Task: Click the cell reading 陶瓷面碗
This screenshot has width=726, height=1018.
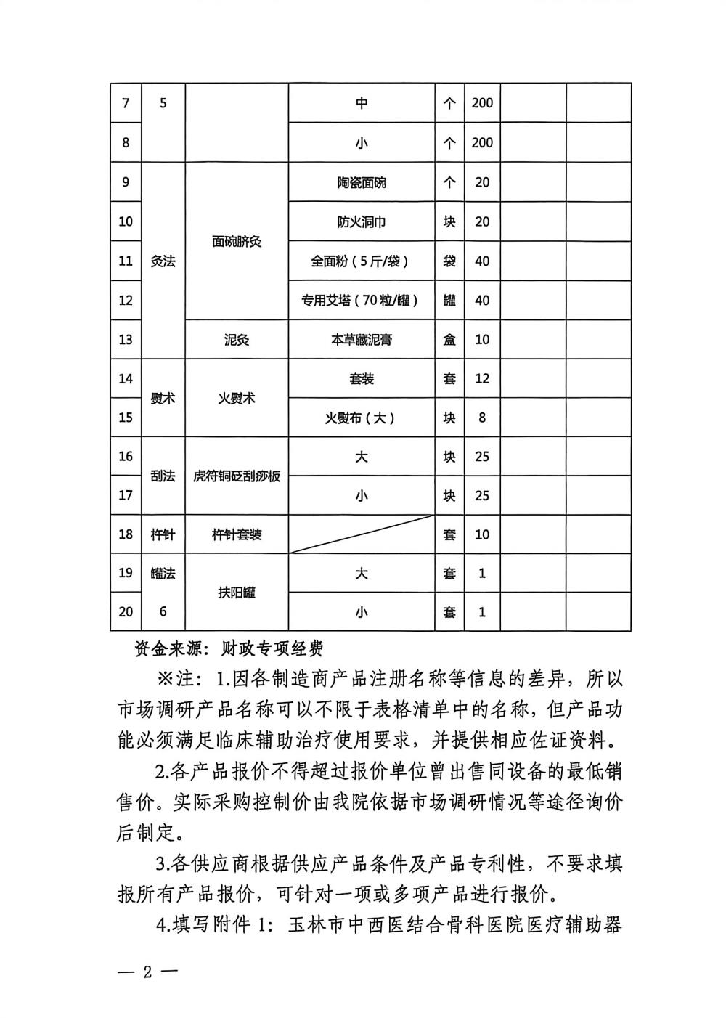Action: pos(362,182)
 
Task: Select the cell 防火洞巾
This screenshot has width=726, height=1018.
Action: pos(362,221)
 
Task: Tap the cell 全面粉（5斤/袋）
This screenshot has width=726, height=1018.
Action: pos(362,261)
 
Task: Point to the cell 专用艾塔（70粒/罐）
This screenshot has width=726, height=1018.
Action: pos(362,300)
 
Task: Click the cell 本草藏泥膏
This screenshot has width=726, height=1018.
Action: pos(362,339)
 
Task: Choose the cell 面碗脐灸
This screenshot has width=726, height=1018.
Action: pos(237,241)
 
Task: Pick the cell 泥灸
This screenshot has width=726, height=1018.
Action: pos(237,339)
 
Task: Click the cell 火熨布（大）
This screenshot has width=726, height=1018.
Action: pos(362,418)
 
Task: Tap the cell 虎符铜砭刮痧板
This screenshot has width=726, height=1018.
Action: pos(237,476)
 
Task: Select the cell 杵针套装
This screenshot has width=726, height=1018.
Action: pos(237,534)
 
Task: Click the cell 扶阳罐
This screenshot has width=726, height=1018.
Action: pos(237,593)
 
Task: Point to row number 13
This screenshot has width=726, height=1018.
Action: pos(126,339)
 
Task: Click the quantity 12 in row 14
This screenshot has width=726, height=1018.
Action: pos(482,378)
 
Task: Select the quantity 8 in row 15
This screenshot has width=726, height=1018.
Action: pos(482,418)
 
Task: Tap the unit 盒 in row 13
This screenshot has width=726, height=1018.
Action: pos(449,339)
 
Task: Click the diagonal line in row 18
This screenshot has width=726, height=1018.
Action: pos(362,534)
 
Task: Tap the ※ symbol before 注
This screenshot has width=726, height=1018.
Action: pos(163,680)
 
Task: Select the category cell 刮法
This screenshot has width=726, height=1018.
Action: pos(163,476)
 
